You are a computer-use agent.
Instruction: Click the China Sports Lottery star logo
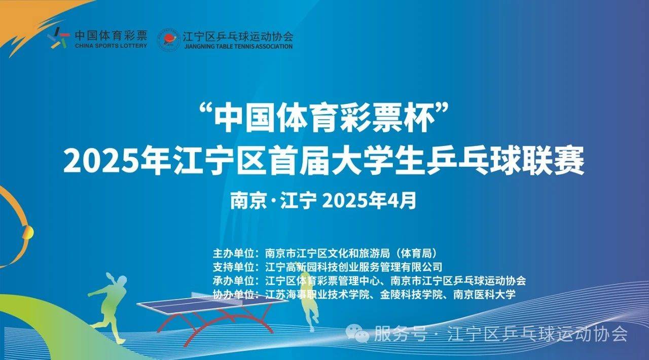point(58,38)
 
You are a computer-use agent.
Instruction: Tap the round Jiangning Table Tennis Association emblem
point(169,40)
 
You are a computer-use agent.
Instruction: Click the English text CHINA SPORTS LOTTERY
point(111,46)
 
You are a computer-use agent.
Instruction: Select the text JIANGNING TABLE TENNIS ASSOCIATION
point(238,46)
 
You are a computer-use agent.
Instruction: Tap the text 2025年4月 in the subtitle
point(369,200)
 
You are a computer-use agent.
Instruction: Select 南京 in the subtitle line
point(248,201)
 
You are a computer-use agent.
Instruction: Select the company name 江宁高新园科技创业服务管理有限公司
point(354,267)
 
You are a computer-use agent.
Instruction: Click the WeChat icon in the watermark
point(357,333)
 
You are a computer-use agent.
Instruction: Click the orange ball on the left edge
point(28,232)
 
